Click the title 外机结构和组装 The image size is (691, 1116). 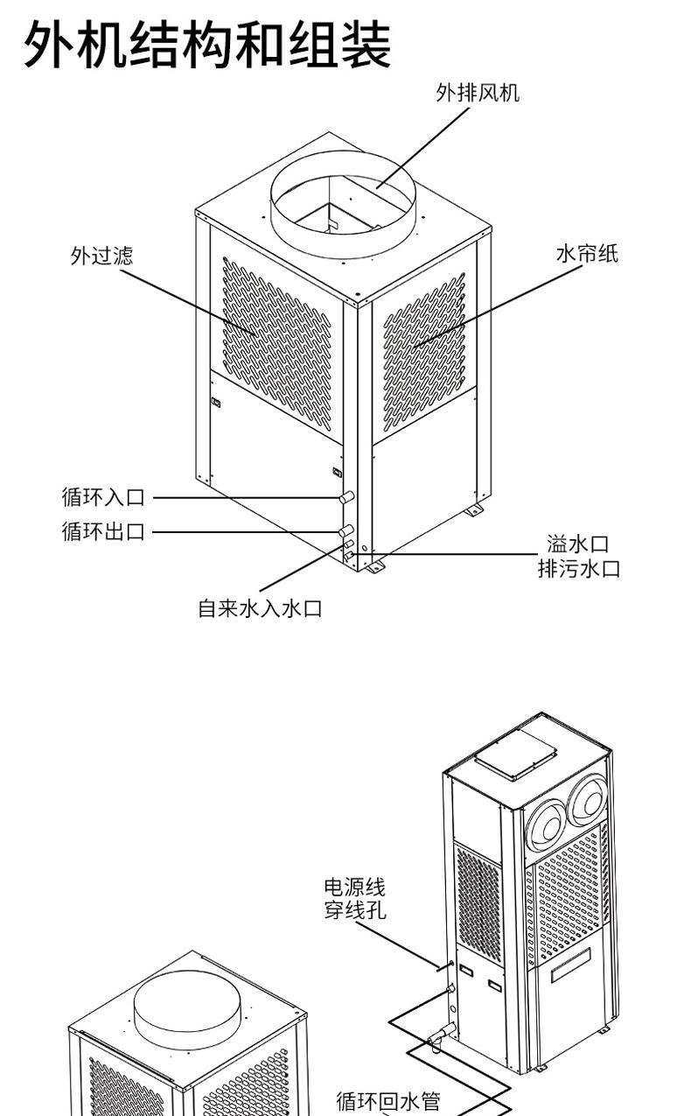[206, 46]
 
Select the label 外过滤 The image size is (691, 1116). [102, 256]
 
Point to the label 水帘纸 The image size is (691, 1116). [587, 254]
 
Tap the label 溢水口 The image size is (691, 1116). [577, 545]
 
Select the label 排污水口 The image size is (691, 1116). [578, 568]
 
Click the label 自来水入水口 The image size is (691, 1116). [260, 608]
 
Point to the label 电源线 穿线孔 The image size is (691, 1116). [354, 899]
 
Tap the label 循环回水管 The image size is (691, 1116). [388, 1101]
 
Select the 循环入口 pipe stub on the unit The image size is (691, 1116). [347, 498]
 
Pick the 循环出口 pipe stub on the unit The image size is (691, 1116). [346, 530]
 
